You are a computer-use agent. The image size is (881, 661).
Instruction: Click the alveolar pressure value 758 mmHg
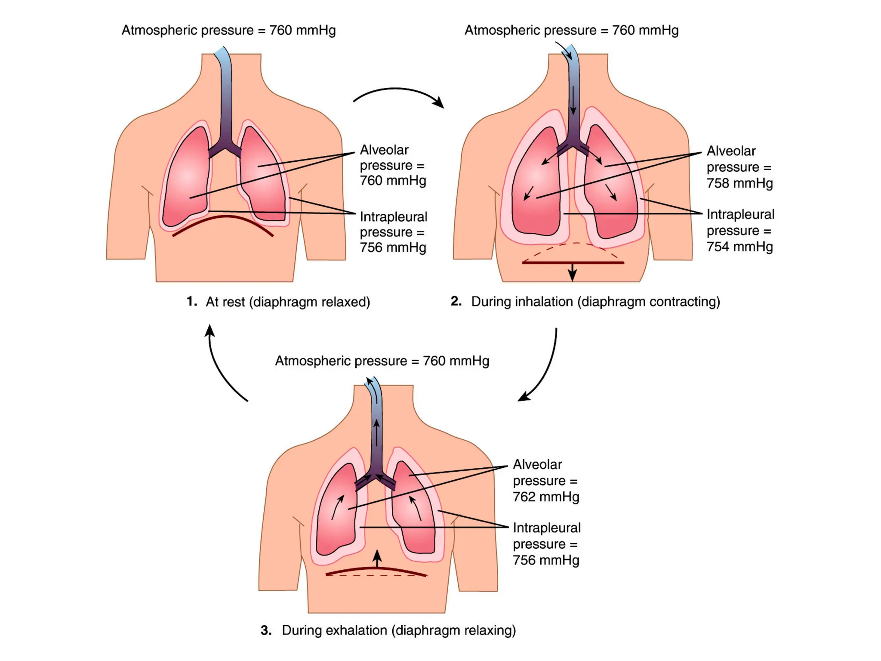(x=739, y=183)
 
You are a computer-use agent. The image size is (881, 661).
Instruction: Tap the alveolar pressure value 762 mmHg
(x=546, y=497)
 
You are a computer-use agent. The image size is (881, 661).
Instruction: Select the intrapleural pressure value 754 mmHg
(x=739, y=247)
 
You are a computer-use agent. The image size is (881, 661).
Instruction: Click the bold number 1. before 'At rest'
(x=192, y=301)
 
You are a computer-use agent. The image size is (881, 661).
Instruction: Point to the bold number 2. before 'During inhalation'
(x=456, y=301)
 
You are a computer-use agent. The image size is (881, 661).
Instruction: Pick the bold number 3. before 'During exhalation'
(x=266, y=630)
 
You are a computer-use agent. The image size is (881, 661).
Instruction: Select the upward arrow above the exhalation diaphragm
(x=377, y=559)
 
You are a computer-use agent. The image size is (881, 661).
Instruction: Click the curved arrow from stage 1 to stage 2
(x=398, y=93)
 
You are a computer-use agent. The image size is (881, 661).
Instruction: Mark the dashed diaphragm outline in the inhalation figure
(x=572, y=244)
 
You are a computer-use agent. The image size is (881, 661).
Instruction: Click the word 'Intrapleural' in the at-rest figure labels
(x=393, y=216)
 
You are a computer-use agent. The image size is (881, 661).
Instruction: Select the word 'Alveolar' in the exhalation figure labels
(x=537, y=464)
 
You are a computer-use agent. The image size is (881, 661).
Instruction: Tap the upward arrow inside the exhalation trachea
(x=376, y=432)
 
